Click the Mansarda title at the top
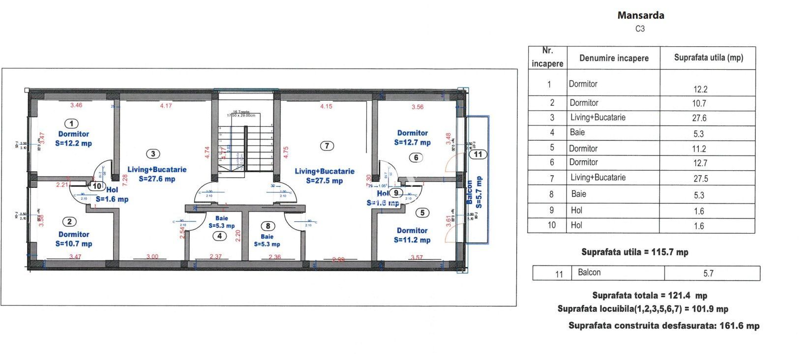640,15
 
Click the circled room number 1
72,123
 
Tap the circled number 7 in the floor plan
327,146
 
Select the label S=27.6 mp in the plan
157,179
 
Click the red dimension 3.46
76,105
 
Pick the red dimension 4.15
326,106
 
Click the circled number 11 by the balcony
478,154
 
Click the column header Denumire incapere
614,58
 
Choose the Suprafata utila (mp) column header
708,58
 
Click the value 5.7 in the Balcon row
708,273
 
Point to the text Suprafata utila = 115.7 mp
634,252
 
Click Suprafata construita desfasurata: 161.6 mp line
664,326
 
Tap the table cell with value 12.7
700,163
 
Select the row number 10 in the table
551,225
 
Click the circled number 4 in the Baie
219,236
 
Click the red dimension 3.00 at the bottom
152,257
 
